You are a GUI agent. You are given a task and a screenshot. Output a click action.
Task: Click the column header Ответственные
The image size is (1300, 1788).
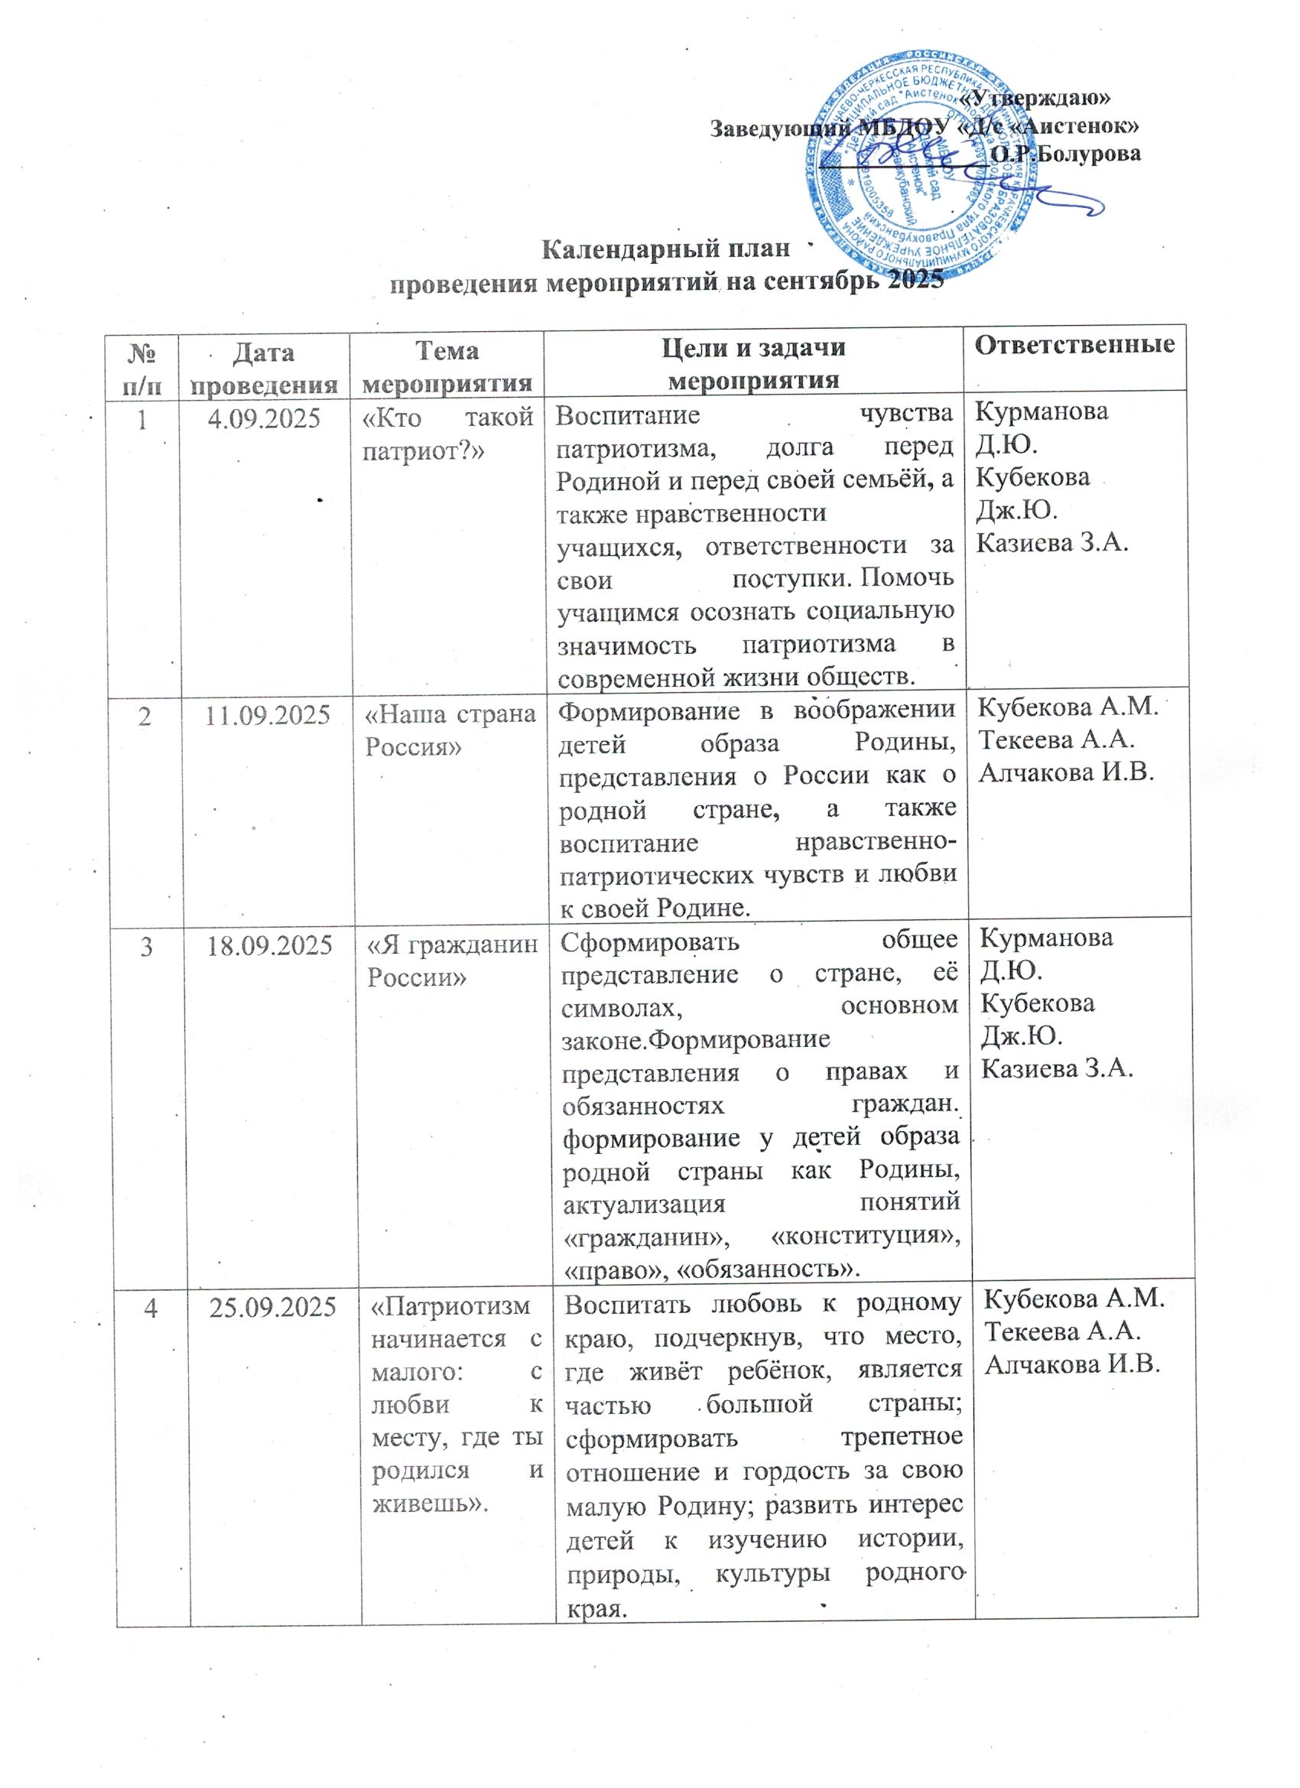(x=1074, y=344)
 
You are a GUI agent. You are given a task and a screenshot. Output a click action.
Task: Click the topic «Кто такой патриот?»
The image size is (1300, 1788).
(x=448, y=434)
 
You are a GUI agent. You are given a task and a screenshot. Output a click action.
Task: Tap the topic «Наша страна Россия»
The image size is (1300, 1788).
(x=450, y=730)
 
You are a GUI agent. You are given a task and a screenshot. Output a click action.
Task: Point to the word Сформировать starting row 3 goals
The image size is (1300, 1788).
(x=651, y=941)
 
